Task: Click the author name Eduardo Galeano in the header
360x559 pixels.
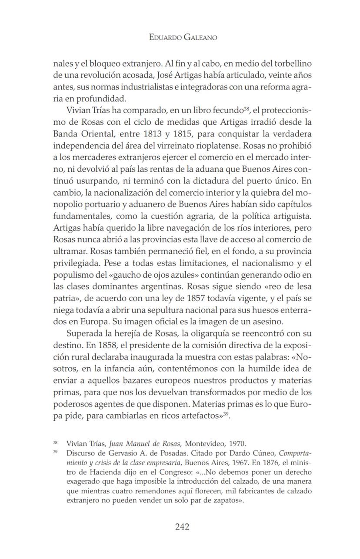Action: click(x=183, y=38)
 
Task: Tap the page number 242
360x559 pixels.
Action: click(x=182, y=527)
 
